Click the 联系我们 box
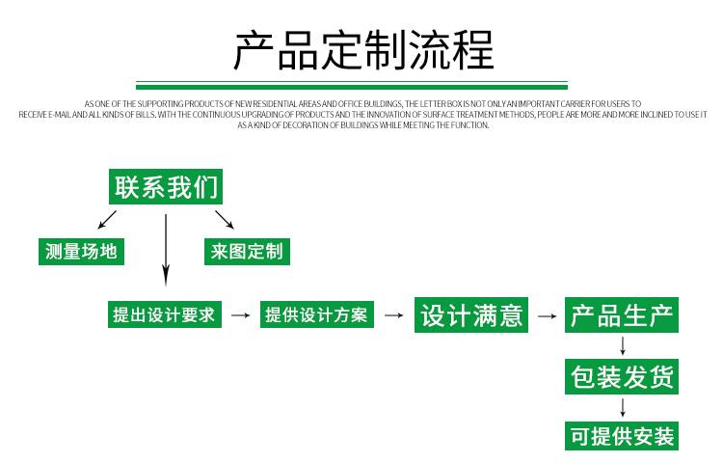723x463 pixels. click(166, 186)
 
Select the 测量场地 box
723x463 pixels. click(81, 252)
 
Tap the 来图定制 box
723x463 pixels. click(247, 252)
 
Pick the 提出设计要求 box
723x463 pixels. click(165, 314)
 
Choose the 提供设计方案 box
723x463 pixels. click(317, 314)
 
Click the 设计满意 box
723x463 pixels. click(471, 315)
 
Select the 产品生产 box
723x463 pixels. click(622, 315)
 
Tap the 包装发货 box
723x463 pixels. click(622, 377)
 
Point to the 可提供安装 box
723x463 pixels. click(622, 436)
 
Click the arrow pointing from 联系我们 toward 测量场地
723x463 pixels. click(107, 220)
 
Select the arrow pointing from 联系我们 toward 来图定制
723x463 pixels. click(225, 220)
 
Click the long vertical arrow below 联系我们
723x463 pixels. click(166, 250)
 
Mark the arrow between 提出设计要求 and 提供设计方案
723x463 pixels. click(241, 315)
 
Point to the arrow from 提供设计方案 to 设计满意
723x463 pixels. click(393, 315)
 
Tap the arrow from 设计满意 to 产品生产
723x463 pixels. click(547, 315)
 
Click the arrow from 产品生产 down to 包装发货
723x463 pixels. click(623, 346)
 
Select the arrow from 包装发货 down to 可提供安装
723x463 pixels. click(623, 408)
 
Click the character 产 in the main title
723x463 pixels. click(254, 50)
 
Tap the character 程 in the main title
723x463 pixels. click(473, 50)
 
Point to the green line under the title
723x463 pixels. click(352, 85)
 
